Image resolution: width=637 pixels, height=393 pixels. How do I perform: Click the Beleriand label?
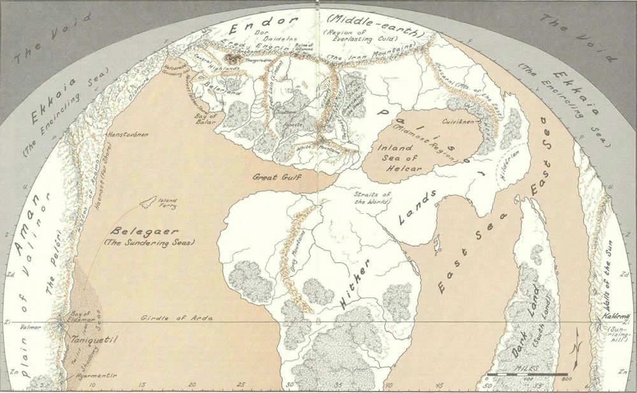[216, 92]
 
